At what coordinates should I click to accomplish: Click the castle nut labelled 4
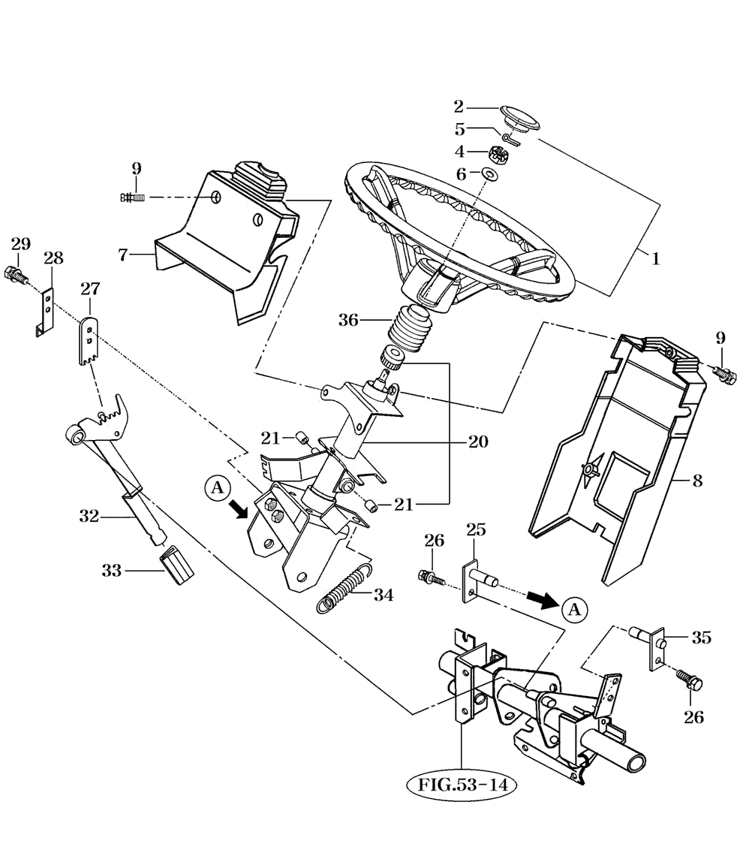(496, 155)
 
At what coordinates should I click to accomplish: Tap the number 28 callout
(53, 258)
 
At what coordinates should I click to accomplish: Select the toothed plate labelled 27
(89, 340)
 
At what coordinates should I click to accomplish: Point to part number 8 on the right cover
(697, 481)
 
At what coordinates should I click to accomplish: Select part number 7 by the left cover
(123, 255)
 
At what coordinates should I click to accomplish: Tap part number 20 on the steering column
(478, 442)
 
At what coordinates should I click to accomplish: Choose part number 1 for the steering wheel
(654, 259)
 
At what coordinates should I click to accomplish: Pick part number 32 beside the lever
(89, 516)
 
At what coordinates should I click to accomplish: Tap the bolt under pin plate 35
(690, 681)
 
